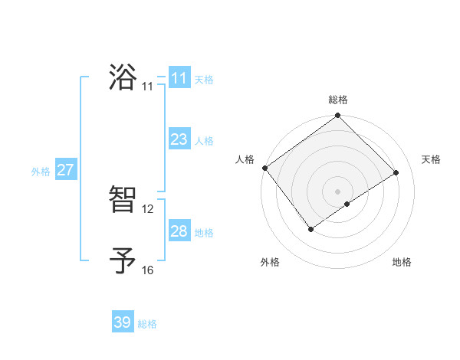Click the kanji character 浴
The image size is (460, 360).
(x=123, y=77)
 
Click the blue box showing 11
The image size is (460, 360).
(x=179, y=78)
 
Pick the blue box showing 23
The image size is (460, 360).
(x=179, y=139)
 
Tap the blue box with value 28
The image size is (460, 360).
(x=179, y=231)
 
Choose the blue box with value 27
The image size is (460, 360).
(x=65, y=170)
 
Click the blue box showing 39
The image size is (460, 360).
(x=123, y=323)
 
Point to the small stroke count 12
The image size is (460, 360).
(x=148, y=209)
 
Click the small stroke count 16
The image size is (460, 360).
(x=148, y=270)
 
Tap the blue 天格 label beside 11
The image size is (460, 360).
(x=204, y=80)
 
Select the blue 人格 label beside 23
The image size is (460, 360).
(x=204, y=141)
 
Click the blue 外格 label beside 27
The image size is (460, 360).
(x=41, y=172)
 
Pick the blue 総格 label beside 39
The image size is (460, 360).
(x=148, y=325)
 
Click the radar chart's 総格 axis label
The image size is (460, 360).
(x=338, y=100)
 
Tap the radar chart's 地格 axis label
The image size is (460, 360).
(x=402, y=262)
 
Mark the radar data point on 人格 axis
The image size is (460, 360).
(x=264, y=168)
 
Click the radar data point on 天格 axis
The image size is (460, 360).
(x=396, y=172)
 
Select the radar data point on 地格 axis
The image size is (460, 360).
(x=347, y=204)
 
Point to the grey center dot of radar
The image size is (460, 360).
(x=338, y=191)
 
